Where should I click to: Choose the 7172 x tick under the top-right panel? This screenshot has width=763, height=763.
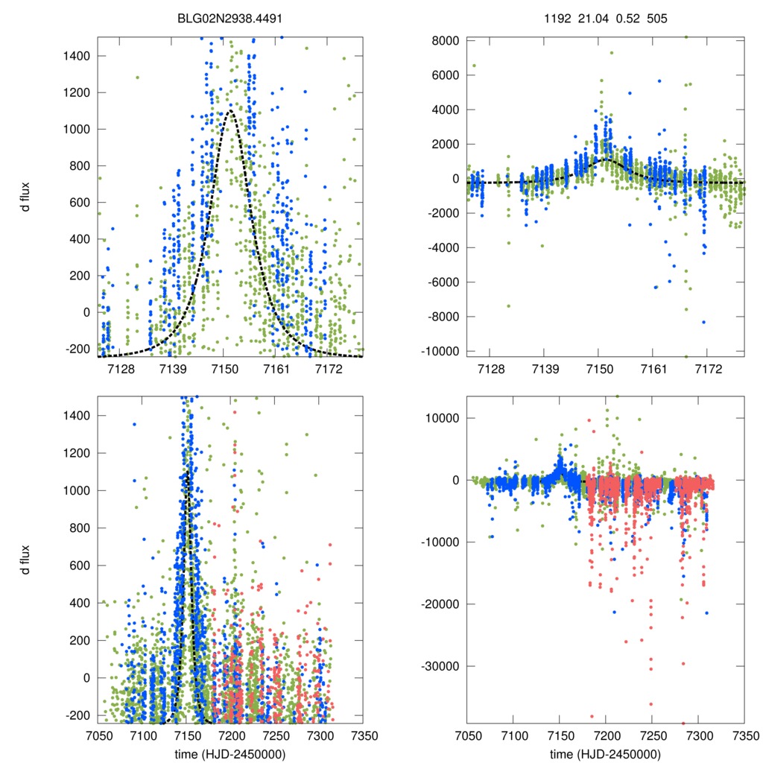coord(709,369)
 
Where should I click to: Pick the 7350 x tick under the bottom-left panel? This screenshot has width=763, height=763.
coord(363,735)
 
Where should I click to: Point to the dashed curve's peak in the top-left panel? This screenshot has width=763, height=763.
coord(230,111)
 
